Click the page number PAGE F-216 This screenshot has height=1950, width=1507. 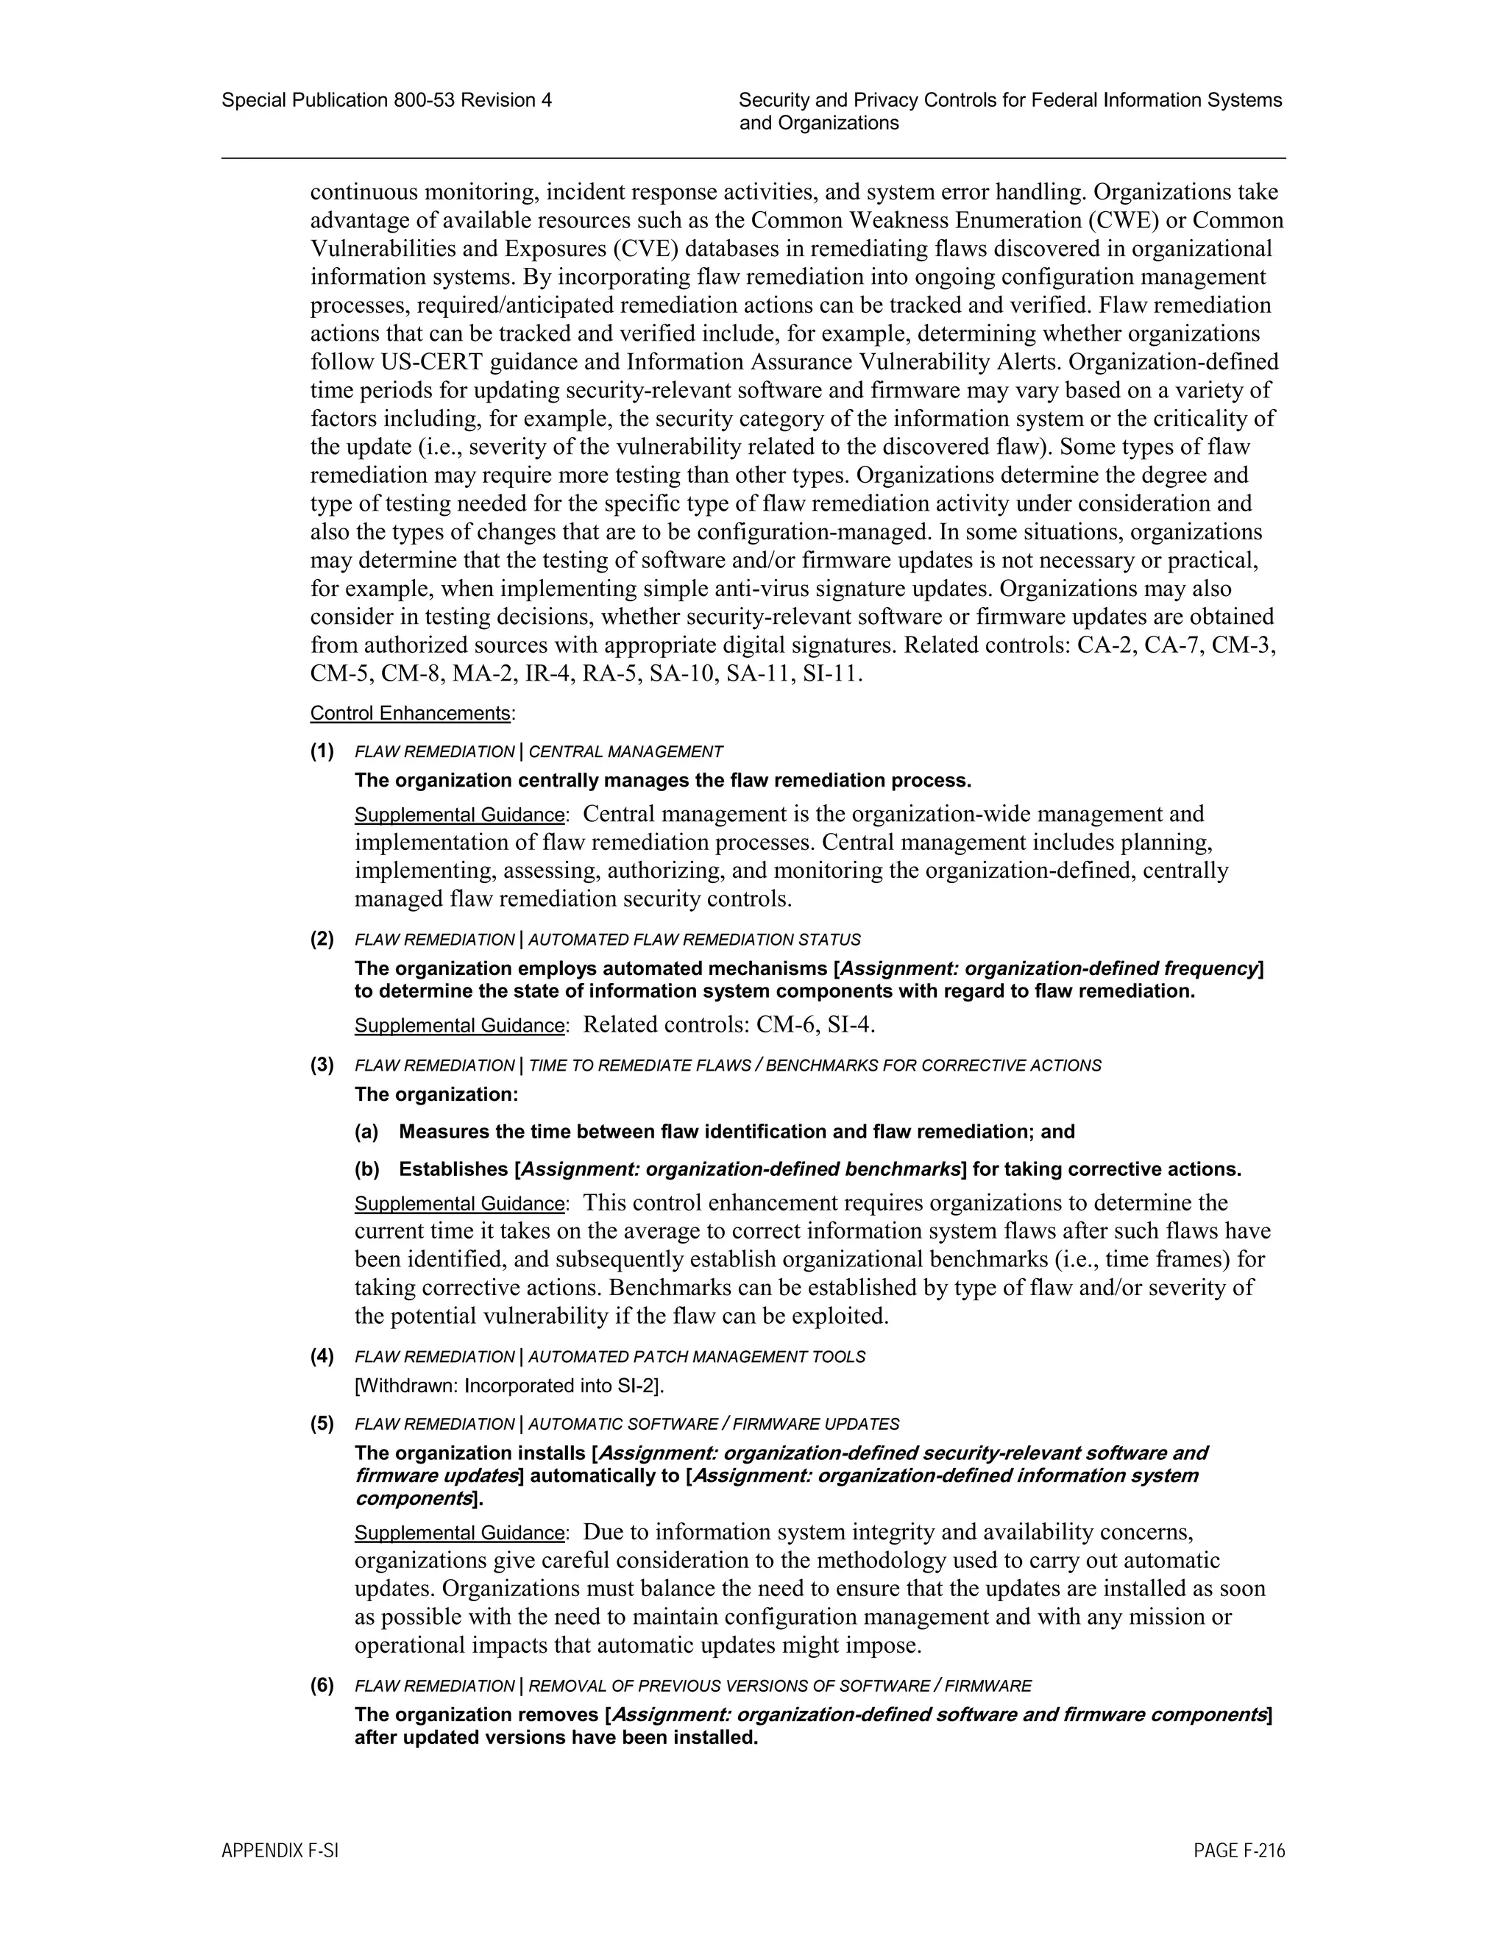(x=1239, y=1851)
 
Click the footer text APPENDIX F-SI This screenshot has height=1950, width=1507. (x=280, y=1851)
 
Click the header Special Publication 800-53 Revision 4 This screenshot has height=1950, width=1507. (x=386, y=100)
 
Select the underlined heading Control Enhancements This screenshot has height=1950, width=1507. (x=410, y=713)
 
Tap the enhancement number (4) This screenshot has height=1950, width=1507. (x=322, y=1356)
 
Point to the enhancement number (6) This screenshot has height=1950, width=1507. (x=322, y=1686)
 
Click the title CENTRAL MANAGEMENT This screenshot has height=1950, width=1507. (x=626, y=752)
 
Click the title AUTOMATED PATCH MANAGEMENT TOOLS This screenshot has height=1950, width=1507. (x=696, y=1357)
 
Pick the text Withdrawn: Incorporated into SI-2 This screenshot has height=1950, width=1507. (x=510, y=1386)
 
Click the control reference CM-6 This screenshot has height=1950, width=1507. (x=786, y=1024)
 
